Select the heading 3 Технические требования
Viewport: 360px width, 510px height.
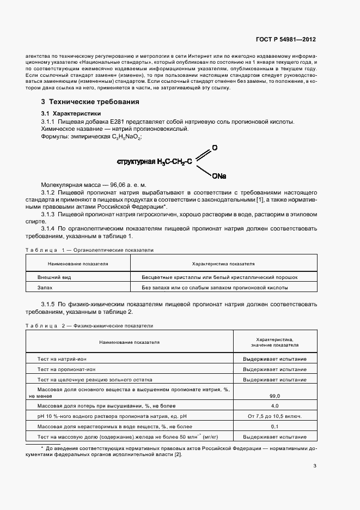coord(90,101)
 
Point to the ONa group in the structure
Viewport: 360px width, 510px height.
coord(219,176)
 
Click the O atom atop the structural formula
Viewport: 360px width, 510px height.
coord(215,148)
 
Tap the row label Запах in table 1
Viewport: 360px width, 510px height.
coord(45,288)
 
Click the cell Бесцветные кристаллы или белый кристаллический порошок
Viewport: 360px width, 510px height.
coord(219,277)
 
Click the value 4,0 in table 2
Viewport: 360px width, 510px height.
coord(274,406)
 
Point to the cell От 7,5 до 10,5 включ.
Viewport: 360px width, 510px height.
coord(274,416)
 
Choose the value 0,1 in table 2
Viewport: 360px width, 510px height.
coord(274,427)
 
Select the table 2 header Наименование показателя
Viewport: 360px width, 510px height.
coord(129,342)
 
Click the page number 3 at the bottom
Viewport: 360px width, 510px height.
coord(315,466)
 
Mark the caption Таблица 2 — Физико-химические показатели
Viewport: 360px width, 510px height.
coord(89,325)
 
